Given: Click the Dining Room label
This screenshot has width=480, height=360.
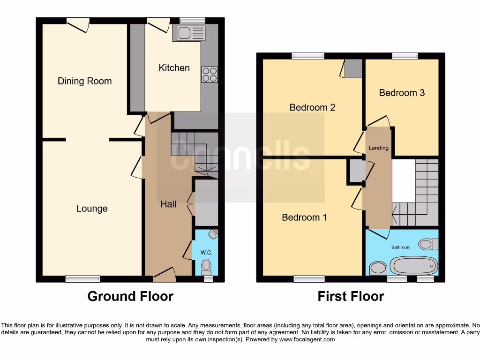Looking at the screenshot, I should point(84,81).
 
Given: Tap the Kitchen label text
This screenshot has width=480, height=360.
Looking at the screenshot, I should point(174,68).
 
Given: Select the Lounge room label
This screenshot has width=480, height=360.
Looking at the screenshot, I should point(92,209).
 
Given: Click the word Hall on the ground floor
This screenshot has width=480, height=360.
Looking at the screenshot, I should point(168,204).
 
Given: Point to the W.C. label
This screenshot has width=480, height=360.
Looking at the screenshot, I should point(206,253).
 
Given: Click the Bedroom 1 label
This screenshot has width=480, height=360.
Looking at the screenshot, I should point(304,217).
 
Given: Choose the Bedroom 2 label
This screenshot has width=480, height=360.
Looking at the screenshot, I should point(312,107).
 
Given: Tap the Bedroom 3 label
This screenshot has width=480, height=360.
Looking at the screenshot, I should point(402,93).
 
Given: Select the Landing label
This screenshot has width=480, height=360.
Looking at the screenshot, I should point(378,148).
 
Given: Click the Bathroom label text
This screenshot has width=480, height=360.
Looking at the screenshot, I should point(401,247).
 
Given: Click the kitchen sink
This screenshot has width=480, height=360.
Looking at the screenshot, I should point(189,33).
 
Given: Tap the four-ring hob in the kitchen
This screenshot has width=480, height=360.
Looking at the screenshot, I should point(210,75).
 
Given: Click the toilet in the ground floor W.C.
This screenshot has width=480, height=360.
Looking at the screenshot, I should point(206,267).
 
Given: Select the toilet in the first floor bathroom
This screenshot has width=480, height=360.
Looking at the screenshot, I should point(427,244).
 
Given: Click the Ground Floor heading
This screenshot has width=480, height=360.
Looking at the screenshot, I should point(130,296).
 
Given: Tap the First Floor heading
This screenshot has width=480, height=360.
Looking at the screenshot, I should point(351,296).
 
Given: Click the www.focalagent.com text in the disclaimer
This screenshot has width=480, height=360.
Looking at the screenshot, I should point(307,339).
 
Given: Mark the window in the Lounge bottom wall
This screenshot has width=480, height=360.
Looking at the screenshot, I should point(82,279).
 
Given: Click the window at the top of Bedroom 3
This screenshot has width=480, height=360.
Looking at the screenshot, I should point(405,56).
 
